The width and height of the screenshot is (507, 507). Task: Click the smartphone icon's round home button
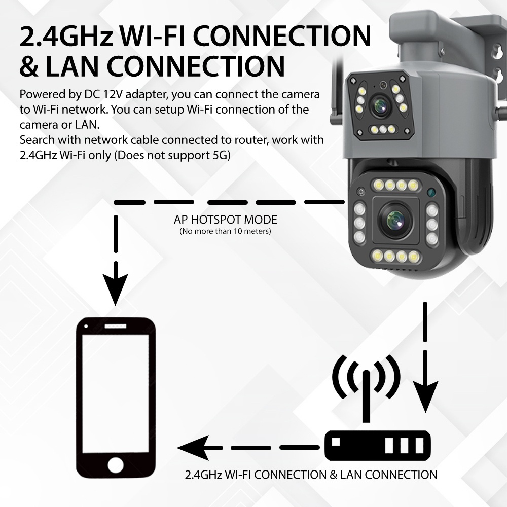pos(116,464)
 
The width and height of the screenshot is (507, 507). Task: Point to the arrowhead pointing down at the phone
pos(116,292)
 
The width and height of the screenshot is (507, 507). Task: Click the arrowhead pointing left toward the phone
pos(190,448)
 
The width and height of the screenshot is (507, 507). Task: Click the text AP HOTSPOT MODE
pos(226,220)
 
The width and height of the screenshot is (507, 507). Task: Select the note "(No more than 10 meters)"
pos(226,231)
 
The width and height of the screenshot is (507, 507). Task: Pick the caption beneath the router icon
pos(311,475)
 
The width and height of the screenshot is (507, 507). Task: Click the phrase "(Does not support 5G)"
pos(172,155)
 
